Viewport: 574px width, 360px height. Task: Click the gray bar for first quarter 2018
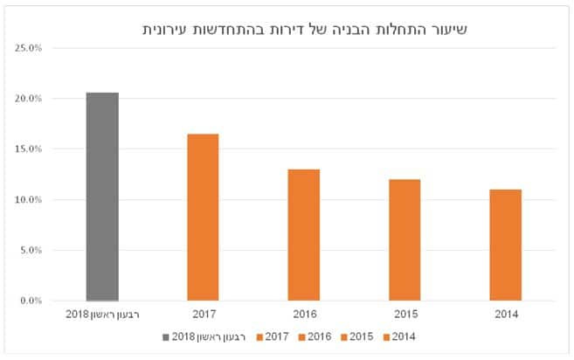coord(102,197)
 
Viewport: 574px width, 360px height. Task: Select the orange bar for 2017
coord(204,218)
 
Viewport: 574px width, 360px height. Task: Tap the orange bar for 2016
coord(304,235)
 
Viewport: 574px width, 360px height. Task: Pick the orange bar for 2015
coord(405,240)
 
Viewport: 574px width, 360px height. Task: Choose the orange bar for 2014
coord(506,246)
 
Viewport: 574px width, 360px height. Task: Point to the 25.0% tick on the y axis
coord(29,48)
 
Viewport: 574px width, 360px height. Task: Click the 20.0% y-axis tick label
coord(29,99)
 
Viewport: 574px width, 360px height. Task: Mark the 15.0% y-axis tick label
coord(29,149)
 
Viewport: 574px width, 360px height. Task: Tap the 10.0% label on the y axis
coord(29,199)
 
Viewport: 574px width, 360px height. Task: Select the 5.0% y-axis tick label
coord(31,250)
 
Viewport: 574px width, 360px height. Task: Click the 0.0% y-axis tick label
coord(31,301)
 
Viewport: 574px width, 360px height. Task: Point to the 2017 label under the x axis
coord(204,315)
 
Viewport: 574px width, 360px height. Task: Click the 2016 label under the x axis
coord(305,315)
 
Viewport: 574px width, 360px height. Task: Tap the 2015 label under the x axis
coord(405,315)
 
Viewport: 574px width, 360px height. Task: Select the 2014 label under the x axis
coord(507,315)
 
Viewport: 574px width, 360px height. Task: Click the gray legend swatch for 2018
coord(166,337)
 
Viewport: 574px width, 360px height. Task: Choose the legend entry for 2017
coord(273,337)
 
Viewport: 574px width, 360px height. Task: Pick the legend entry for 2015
coord(357,337)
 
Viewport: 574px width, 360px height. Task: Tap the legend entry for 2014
coord(399,337)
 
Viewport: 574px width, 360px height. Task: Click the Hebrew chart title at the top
coord(305,30)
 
